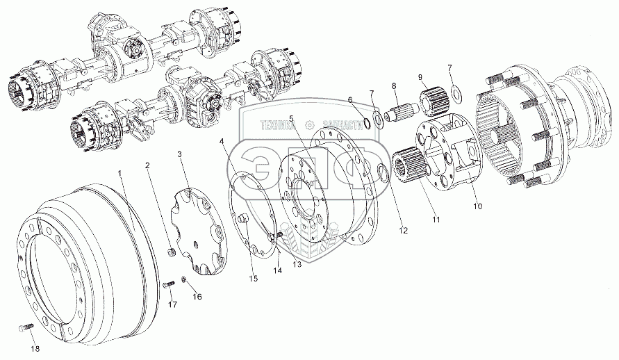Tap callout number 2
point(147,165)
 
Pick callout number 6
point(350,99)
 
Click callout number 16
point(197,297)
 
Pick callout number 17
point(172,304)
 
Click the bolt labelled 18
point(20,327)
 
